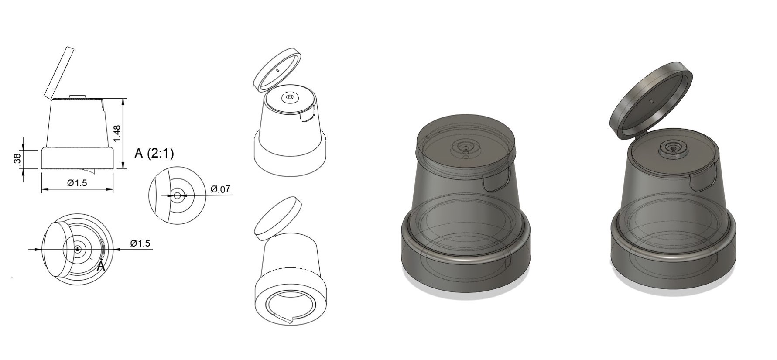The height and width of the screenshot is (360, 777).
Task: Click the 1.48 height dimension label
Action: click(x=116, y=133)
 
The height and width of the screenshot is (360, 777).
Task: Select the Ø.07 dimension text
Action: click(x=220, y=189)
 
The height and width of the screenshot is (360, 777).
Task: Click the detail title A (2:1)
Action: click(x=154, y=153)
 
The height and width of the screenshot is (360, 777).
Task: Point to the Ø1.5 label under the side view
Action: click(x=77, y=182)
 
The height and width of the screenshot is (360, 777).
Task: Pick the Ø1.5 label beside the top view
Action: click(x=140, y=243)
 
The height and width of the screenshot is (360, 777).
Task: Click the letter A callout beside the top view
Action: click(x=101, y=267)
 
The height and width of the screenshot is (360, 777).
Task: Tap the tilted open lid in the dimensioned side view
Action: click(x=58, y=72)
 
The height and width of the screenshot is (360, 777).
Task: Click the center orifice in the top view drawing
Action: click(x=78, y=249)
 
